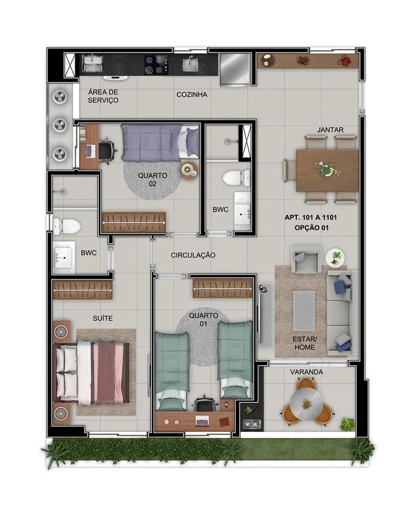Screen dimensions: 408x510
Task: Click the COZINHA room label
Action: (192, 95)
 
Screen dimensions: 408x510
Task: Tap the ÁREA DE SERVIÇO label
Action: (103, 96)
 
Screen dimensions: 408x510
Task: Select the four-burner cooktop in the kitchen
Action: (157, 65)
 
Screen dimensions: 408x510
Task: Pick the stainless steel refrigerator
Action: (235, 69)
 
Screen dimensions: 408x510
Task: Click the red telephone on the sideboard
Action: (344, 61)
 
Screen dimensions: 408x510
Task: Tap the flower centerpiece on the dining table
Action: (327, 169)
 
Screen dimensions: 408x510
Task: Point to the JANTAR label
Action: (330, 130)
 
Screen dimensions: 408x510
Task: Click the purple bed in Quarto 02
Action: (160, 142)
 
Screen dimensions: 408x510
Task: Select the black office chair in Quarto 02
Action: (107, 149)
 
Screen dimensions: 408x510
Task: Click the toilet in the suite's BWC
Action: (67, 226)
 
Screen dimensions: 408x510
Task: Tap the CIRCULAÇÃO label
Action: (193, 256)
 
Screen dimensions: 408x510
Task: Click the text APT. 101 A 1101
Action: (311, 217)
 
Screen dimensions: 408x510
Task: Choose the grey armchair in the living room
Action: (305, 259)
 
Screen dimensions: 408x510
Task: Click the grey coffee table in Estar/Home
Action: (304, 311)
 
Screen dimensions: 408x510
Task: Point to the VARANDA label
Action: (307, 372)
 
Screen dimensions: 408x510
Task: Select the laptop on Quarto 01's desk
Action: (202, 421)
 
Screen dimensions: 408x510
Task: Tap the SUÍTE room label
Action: (103, 318)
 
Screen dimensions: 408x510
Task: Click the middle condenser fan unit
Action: (60, 125)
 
